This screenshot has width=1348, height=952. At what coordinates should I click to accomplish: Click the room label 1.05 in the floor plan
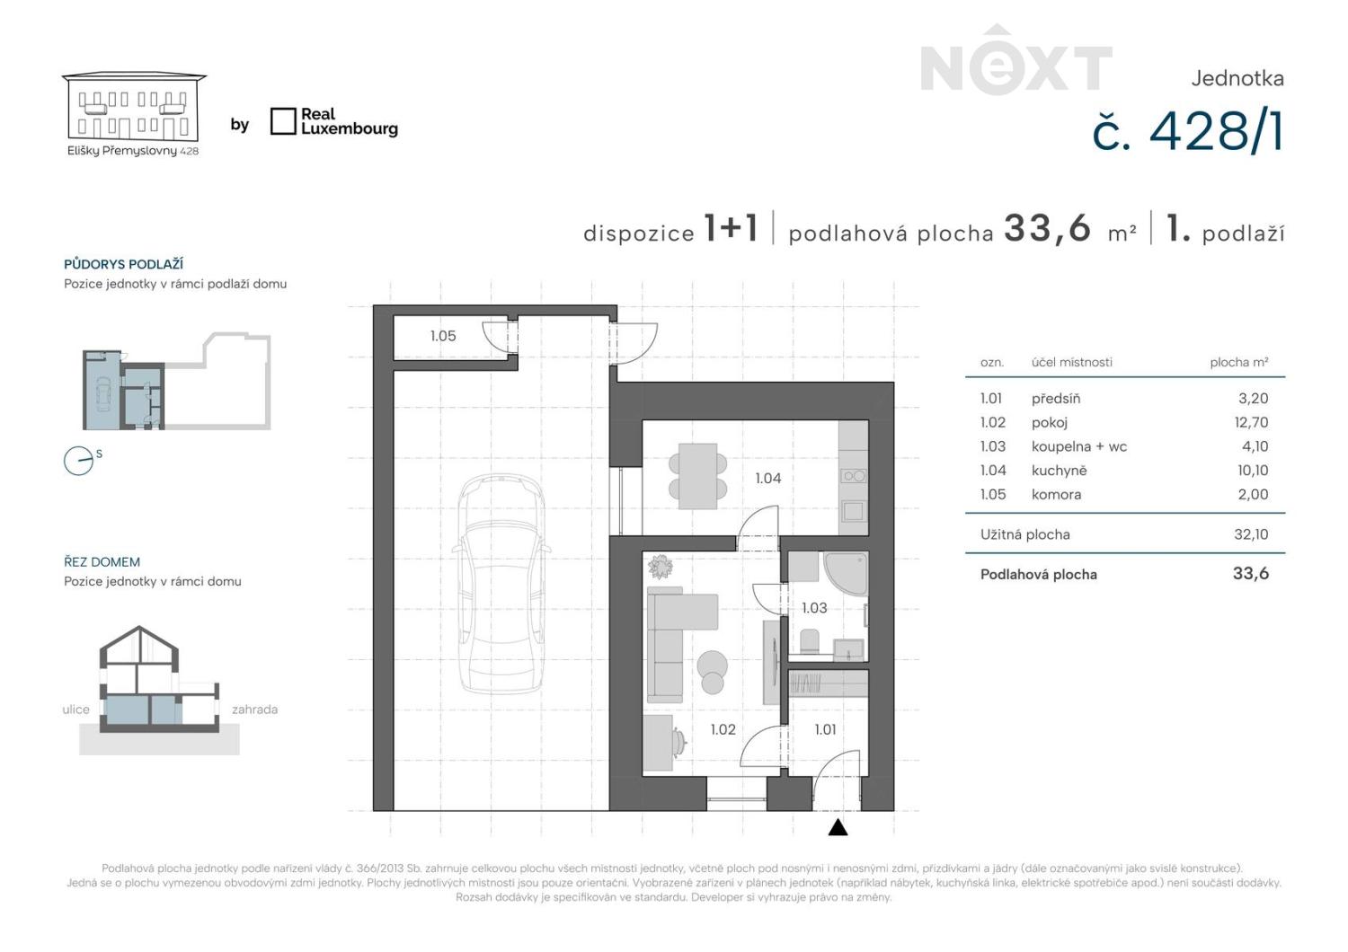click(443, 336)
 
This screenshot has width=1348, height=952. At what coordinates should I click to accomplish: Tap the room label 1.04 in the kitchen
click(767, 478)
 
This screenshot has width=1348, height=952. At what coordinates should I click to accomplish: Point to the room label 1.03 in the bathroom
click(814, 608)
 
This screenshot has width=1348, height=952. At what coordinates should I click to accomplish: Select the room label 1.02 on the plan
click(723, 729)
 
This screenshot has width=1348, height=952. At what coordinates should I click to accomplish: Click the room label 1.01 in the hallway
click(825, 729)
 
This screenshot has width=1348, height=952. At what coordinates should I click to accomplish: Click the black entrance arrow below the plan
click(838, 828)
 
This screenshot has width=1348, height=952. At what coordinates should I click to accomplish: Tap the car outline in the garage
click(501, 584)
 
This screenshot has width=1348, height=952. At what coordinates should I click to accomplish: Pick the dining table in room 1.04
click(698, 476)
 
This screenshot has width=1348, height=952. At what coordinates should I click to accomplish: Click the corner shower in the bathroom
click(846, 574)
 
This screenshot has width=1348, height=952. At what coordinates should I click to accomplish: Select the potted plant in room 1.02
click(661, 567)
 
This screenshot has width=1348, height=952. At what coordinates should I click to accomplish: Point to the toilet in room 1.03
click(810, 641)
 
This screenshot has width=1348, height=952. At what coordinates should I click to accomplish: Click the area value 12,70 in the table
click(1251, 422)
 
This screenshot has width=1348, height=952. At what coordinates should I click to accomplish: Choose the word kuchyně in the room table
click(1059, 471)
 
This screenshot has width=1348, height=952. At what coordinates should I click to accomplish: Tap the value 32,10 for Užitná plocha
click(1251, 534)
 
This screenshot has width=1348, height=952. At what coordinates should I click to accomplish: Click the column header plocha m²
click(1239, 362)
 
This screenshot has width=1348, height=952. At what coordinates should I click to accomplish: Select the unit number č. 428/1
click(1188, 132)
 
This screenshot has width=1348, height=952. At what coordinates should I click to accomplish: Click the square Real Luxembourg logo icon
click(283, 121)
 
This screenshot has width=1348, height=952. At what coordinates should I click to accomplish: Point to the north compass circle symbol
click(79, 461)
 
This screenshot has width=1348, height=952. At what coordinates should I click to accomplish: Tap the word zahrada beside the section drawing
click(254, 710)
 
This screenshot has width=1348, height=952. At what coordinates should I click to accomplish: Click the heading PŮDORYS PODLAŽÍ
click(123, 264)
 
